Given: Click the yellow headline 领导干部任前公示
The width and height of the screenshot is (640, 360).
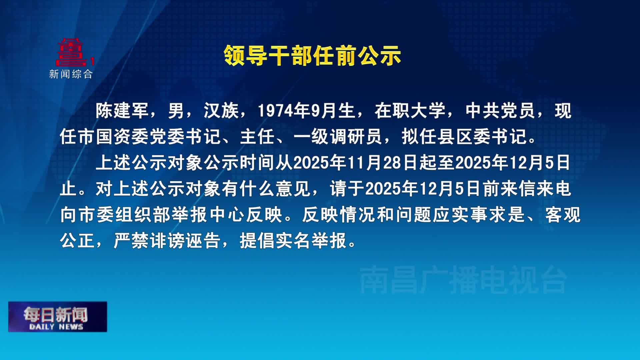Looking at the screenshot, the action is pyautogui.click(x=312, y=55).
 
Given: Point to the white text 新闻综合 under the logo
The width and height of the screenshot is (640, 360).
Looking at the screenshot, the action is pyautogui.click(x=71, y=74).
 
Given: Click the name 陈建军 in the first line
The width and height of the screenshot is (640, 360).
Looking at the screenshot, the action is pyautogui.click(x=122, y=111).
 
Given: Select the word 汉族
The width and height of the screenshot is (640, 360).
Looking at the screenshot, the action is pyautogui.click(x=221, y=111).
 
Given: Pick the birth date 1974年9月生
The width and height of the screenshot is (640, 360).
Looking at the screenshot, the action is pyautogui.click(x=306, y=111).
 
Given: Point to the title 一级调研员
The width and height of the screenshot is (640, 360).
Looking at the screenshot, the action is pyautogui.click(x=337, y=137).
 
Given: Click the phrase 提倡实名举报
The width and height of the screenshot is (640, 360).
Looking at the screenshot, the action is pyautogui.click(x=293, y=240).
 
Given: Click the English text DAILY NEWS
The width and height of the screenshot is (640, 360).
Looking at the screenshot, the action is pyautogui.click(x=56, y=327).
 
